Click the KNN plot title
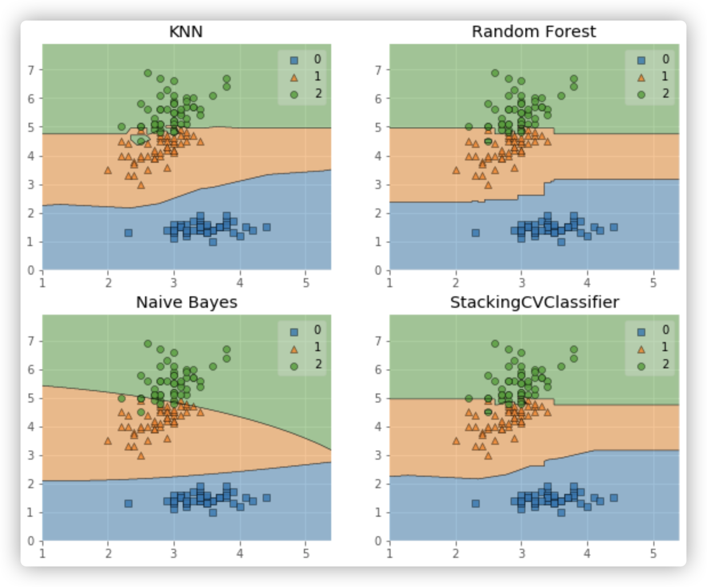click(x=186, y=31)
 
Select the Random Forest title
click(x=533, y=31)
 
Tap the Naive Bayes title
click(x=186, y=302)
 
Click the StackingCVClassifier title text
click(x=534, y=302)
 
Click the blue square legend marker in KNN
click(x=294, y=60)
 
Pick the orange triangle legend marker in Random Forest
click(x=641, y=77)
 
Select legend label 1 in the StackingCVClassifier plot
click(x=665, y=347)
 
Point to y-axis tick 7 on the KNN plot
click(x=31, y=70)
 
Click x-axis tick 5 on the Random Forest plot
click(x=653, y=283)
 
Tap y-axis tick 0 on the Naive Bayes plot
click(x=31, y=541)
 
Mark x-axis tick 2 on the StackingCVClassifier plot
click(x=456, y=553)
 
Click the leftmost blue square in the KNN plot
click(x=128, y=232)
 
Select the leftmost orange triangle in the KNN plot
click(x=108, y=170)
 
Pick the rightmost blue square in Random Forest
click(x=614, y=227)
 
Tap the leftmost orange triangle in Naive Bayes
click(x=108, y=441)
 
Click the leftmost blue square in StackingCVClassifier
click(x=476, y=503)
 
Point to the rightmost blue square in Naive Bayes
click(x=266, y=498)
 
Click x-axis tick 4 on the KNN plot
click(x=240, y=283)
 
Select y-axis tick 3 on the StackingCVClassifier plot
click(x=379, y=455)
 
